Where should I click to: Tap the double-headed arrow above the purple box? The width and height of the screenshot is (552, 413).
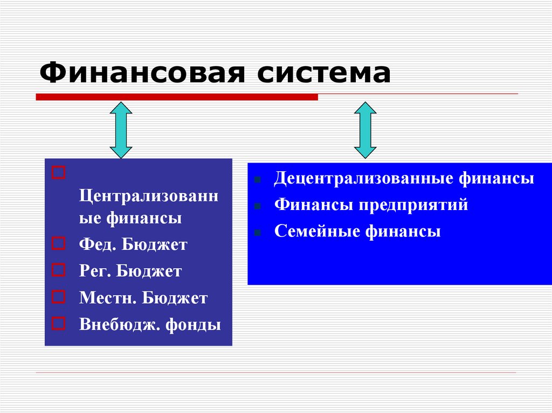coord(121,130)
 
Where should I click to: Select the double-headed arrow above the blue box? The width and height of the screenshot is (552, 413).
coord(365,130)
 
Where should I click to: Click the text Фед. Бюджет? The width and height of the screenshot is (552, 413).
coord(133,245)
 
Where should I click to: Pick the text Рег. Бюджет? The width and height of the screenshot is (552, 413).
coord(130,271)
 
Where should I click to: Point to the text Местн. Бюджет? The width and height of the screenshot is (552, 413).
coord(143,298)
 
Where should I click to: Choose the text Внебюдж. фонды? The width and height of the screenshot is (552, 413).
coord(150,325)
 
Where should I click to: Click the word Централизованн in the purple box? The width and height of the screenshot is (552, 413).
coord(149,194)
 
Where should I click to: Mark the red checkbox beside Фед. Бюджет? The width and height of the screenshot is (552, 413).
coord(59,243)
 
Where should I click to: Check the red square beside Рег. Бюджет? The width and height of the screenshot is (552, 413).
coord(59,269)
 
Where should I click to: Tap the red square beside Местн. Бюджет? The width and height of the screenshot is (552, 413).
coord(59,296)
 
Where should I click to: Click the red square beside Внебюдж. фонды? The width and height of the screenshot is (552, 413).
coord(59,323)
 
